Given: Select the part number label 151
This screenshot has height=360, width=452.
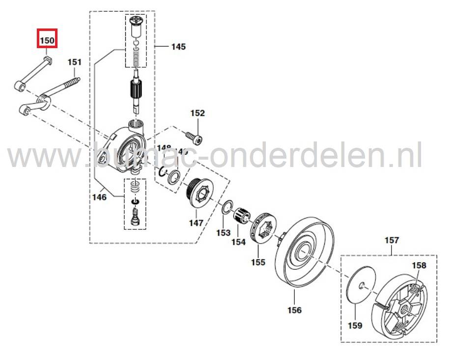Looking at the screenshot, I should (74, 62).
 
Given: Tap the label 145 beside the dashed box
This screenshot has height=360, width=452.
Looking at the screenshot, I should (178, 47).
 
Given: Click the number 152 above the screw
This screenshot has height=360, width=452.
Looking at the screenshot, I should (197, 113).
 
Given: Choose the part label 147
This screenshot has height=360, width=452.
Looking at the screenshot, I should (196, 222).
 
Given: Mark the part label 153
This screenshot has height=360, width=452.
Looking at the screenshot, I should (224, 232).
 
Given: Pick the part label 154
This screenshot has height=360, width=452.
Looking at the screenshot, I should (239, 242).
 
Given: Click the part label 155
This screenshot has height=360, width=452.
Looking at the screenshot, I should (258, 262).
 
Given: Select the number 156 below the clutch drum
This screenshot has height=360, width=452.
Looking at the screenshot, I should (295, 310).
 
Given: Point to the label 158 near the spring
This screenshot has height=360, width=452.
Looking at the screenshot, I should (419, 265).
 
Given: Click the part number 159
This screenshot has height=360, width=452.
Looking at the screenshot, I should (355, 325).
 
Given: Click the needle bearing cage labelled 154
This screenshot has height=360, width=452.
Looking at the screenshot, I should (242, 216).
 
